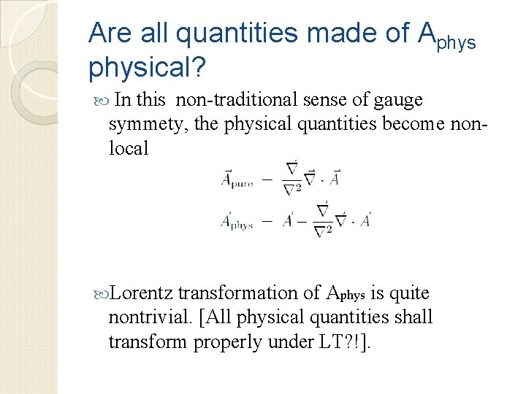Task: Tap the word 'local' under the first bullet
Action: (x=129, y=149)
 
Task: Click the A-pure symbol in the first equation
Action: (x=237, y=178)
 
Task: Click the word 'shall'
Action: (x=416, y=317)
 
